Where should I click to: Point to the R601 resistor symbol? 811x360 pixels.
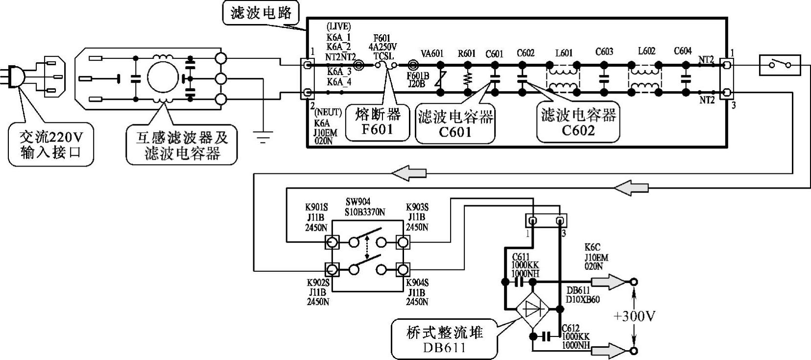(467, 78)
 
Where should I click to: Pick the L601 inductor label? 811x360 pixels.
(564, 53)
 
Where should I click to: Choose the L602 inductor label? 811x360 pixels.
(646, 51)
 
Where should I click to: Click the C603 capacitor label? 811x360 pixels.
(604, 52)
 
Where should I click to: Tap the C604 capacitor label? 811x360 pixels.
(683, 51)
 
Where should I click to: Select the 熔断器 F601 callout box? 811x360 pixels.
(377, 122)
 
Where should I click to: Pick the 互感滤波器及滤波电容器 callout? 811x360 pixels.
(182, 145)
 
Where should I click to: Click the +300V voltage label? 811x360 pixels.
(634, 316)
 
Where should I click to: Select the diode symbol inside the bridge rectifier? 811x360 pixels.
(533, 310)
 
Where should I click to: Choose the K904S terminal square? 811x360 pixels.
(403, 269)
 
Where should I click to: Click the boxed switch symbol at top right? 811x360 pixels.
(780, 65)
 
